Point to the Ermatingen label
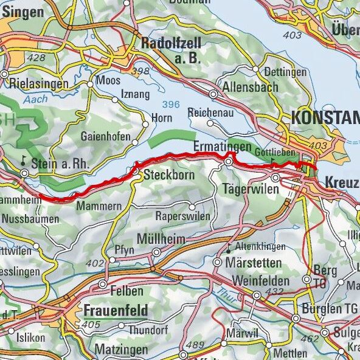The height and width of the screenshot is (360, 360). [222, 147]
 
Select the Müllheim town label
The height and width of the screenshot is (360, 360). [161, 238]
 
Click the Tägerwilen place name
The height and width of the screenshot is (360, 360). [251, 189]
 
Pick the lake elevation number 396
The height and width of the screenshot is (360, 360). [171, 105]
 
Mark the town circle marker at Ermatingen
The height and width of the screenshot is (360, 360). [229, 162]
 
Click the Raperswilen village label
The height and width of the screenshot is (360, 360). [183, 216]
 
